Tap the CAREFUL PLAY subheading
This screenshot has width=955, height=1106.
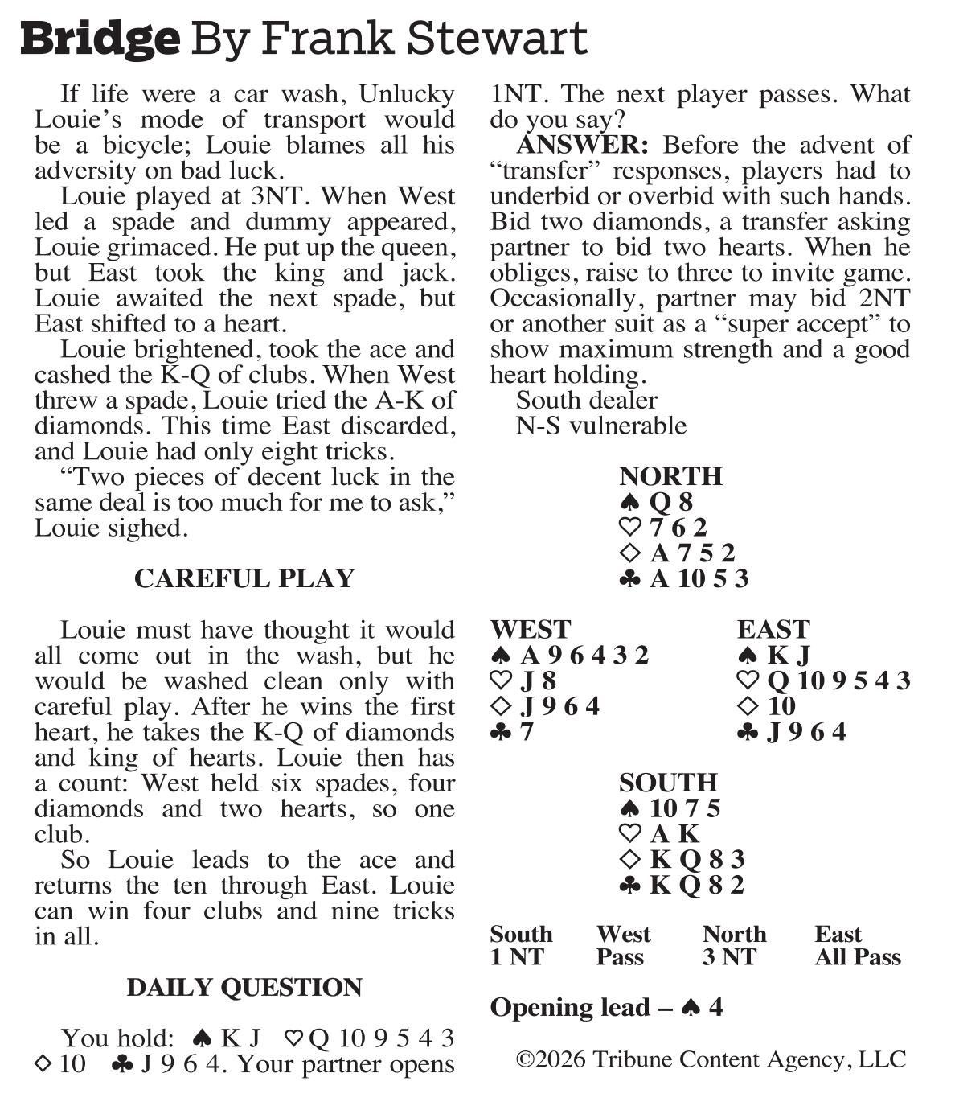[x=244, y=578]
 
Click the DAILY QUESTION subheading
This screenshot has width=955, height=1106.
[x=244, y=987]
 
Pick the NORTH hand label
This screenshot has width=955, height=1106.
[x=670, y=476]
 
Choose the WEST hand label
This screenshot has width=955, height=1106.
[x=530, y=629]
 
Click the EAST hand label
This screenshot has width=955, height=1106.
[x=773, y=629]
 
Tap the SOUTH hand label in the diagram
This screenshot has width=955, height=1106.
[x=668, y=783]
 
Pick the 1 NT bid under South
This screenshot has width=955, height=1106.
[x=517, y=957]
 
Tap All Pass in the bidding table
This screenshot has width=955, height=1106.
[x=857, y=957]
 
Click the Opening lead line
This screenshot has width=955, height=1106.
[x=606, y=1008]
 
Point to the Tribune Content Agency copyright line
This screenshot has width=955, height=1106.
[x=711, y=1059]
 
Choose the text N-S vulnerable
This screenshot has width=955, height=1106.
[x=600, y=426]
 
